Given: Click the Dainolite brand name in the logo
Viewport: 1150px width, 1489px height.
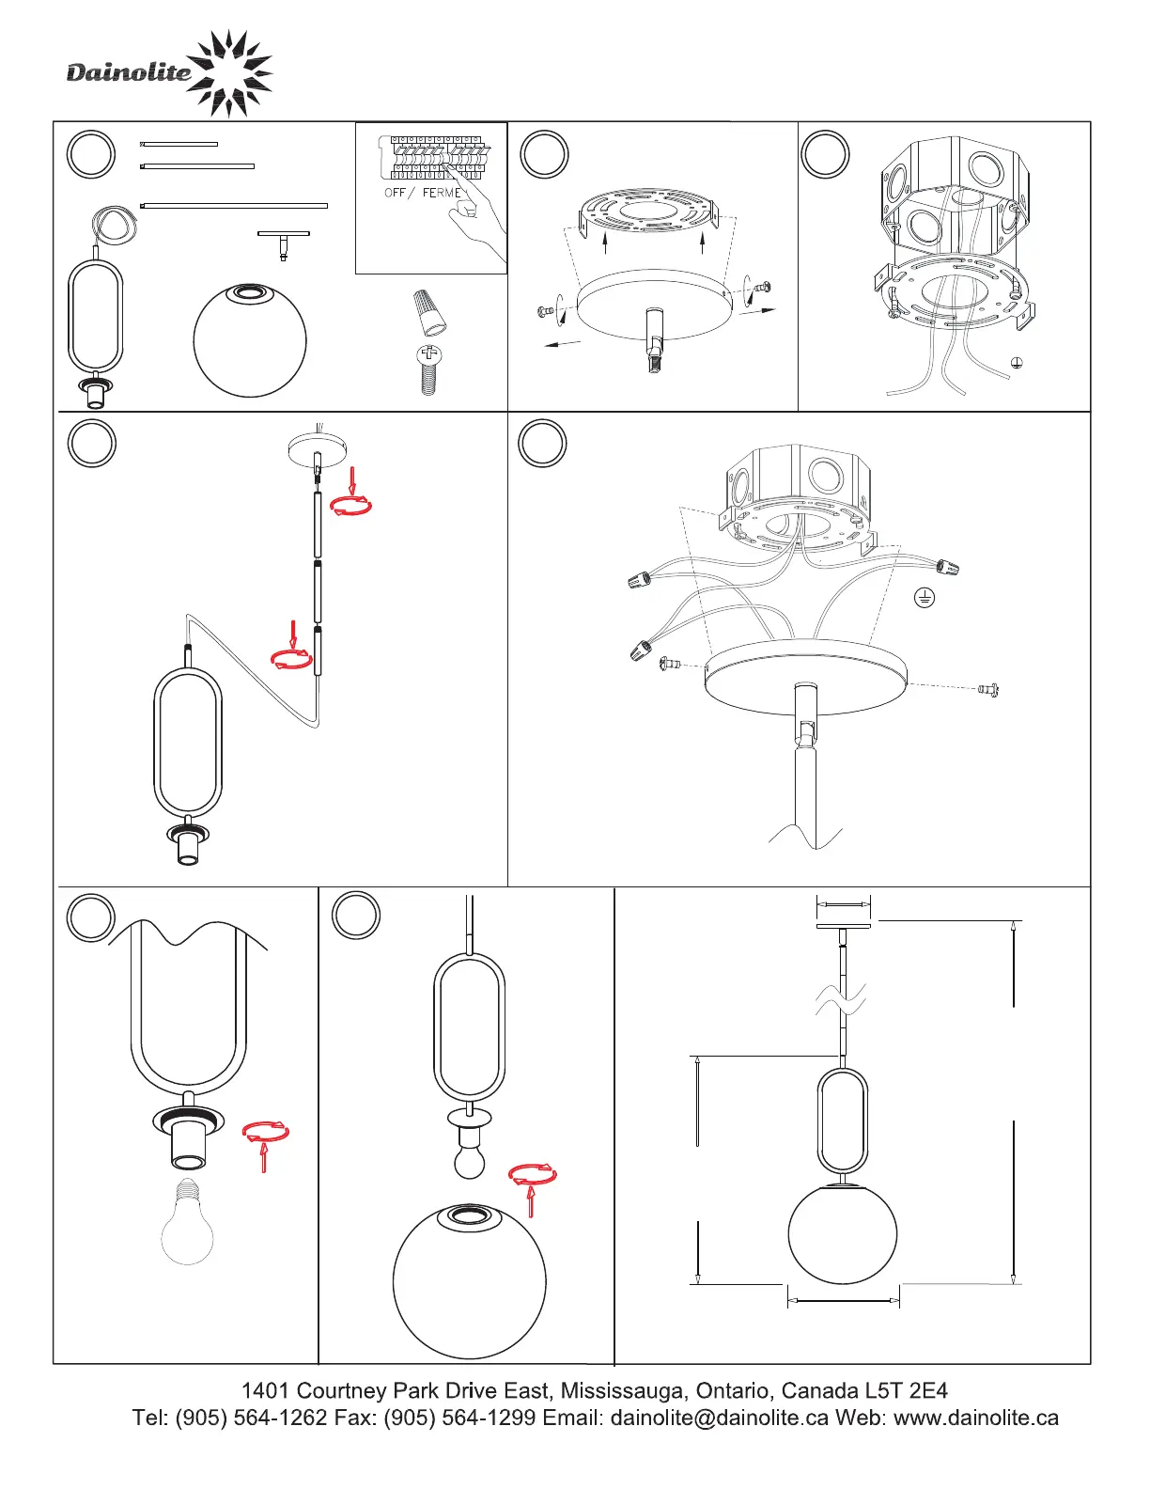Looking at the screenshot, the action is click(x=128, y=72).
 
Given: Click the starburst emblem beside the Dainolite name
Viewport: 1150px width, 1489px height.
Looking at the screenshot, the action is click(x=229, y=73).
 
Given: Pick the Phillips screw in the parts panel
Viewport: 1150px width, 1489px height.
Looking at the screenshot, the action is click(x=429, y=370).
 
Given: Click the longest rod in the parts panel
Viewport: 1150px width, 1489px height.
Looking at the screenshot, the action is click(x=234, y=206).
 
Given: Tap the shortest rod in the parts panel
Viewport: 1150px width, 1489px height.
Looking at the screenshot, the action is click(x=179, y=145).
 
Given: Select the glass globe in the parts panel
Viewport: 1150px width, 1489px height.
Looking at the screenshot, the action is click(x=250, y=340).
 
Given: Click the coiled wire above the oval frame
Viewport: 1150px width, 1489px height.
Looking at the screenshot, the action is click(x=115, y=224).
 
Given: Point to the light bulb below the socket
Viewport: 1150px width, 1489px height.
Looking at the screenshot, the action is click(x=187, y=1221).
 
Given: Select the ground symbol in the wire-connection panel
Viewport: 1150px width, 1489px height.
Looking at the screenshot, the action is click(x=925, y=598).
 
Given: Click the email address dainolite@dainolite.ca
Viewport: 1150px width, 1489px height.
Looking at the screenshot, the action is click(x=719, y=1417).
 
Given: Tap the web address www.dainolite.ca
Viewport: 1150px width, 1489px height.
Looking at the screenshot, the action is click(x=976, y=1417).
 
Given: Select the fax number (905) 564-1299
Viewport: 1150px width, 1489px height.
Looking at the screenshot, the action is click(x=459, y=1417).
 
